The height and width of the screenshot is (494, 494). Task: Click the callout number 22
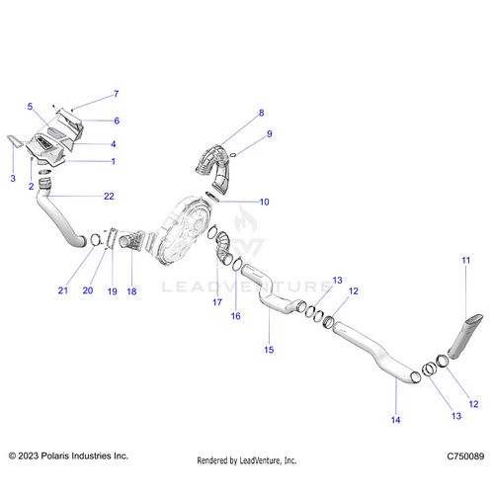109,197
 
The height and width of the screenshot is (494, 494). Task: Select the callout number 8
261,113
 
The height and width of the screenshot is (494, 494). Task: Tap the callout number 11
465,260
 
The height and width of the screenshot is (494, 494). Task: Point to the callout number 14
395,420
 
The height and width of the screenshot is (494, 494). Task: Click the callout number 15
269,350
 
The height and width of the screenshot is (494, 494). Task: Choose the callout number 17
217,302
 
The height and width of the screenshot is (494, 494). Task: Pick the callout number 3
13,179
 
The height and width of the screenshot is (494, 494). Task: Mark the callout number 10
264,202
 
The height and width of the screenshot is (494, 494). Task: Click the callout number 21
63,290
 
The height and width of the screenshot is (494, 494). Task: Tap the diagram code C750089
465,456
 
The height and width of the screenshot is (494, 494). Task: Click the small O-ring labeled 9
232,155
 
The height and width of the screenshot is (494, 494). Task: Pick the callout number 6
117,121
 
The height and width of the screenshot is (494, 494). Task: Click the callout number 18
131,291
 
